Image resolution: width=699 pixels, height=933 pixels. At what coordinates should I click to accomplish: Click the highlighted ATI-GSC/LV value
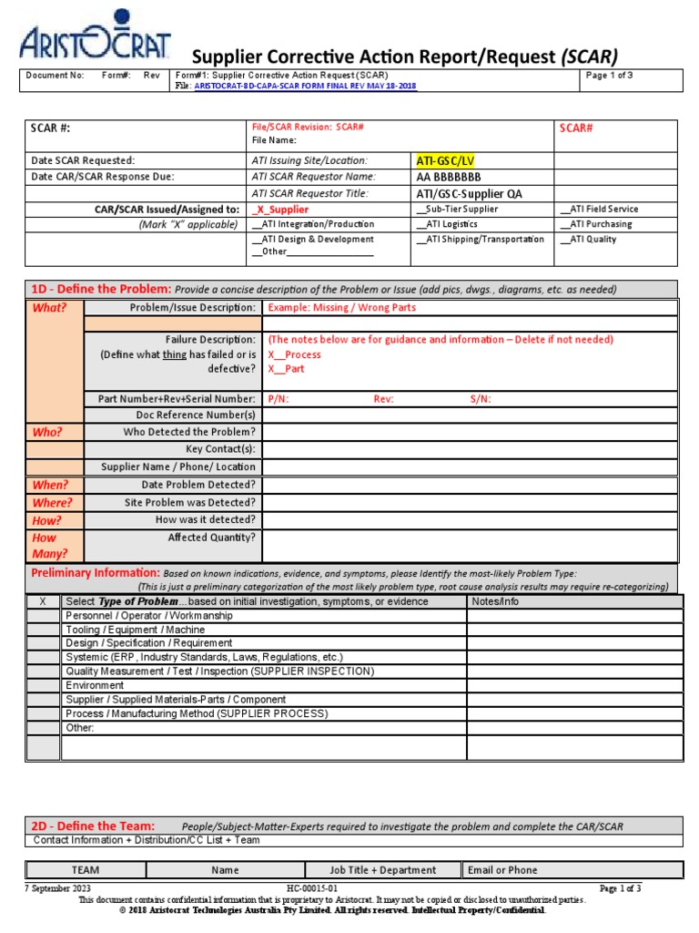[x=445, y=160]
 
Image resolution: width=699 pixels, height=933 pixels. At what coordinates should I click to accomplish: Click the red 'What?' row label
[x=50, y=308]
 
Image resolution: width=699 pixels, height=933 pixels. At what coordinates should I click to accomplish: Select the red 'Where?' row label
[x=52, y=502]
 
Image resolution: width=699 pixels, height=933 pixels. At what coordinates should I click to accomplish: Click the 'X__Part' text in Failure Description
[x=286, y=369]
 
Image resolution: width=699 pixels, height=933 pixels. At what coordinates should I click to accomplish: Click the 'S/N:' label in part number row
[x=481, y=399]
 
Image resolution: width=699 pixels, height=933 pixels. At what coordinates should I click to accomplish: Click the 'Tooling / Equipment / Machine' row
[x=135, y=630]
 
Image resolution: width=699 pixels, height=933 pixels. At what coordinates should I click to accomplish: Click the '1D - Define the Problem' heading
[x=100, y=289]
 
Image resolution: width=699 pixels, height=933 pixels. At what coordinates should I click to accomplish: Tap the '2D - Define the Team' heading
[x=94, y=825]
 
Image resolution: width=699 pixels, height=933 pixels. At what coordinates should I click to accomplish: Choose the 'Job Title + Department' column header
[x=381, y=870]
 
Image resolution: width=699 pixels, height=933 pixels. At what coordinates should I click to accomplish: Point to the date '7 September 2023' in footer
[x=57, y=888]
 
